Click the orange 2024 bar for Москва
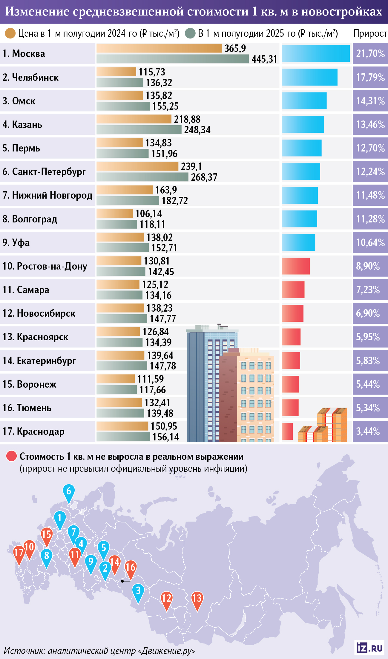click(x=159, y=48)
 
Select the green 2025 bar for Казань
click(x=139, y=130)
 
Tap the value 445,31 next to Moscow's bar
click(x=264, y=59)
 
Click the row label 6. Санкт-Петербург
click(x=44, y=172)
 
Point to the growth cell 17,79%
click(x=370, y=77)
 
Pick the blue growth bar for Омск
click(x=304, y=101)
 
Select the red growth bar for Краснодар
click(x=287, y=431)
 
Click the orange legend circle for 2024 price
click(x=10, y=33)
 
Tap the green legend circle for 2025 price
click(x=190, y=33)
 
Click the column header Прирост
click(x=370, y=33)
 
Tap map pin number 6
click(x=69, y=491)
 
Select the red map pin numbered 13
click(x=197, y=599)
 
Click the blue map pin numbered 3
click(x=138, y=591)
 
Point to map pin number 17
click(x=19, y=553)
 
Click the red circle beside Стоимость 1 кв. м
click(x=11, y=456)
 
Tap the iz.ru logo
click(x=369, y=648)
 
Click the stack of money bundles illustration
click(x=326, y=426)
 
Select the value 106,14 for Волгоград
click(x=148, y=214)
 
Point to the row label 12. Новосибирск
click(x=39, y=313)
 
